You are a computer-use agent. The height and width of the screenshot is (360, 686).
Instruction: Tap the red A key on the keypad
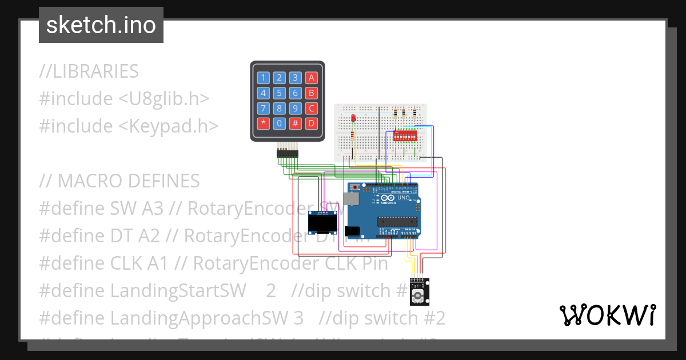coord(311,78)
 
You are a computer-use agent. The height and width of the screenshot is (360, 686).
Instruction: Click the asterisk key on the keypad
coord(263,123)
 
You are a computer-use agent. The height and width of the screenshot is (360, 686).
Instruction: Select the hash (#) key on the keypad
coord(295,123)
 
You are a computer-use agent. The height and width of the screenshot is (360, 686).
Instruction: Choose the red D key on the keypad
coord(311,123)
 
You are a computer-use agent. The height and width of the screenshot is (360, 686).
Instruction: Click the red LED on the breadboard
coord(354,118)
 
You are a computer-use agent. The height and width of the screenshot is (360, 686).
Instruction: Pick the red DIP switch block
coord(404,138)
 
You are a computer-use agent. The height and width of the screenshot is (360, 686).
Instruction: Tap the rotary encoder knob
coord(418,295)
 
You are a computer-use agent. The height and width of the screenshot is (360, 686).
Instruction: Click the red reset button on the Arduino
coord(356,187)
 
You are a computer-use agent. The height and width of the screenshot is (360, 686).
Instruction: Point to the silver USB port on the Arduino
coord(351,198)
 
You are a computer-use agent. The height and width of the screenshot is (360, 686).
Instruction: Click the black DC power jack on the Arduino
coord(353,231)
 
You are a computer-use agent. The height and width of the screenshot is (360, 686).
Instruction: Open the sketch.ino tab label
coord(101,25)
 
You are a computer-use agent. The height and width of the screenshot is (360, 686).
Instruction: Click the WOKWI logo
coord(607,315)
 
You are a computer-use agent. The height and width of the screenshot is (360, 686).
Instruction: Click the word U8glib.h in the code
coord(163,99)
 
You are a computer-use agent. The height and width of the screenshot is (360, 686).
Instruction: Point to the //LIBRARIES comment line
coord(89,71)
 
